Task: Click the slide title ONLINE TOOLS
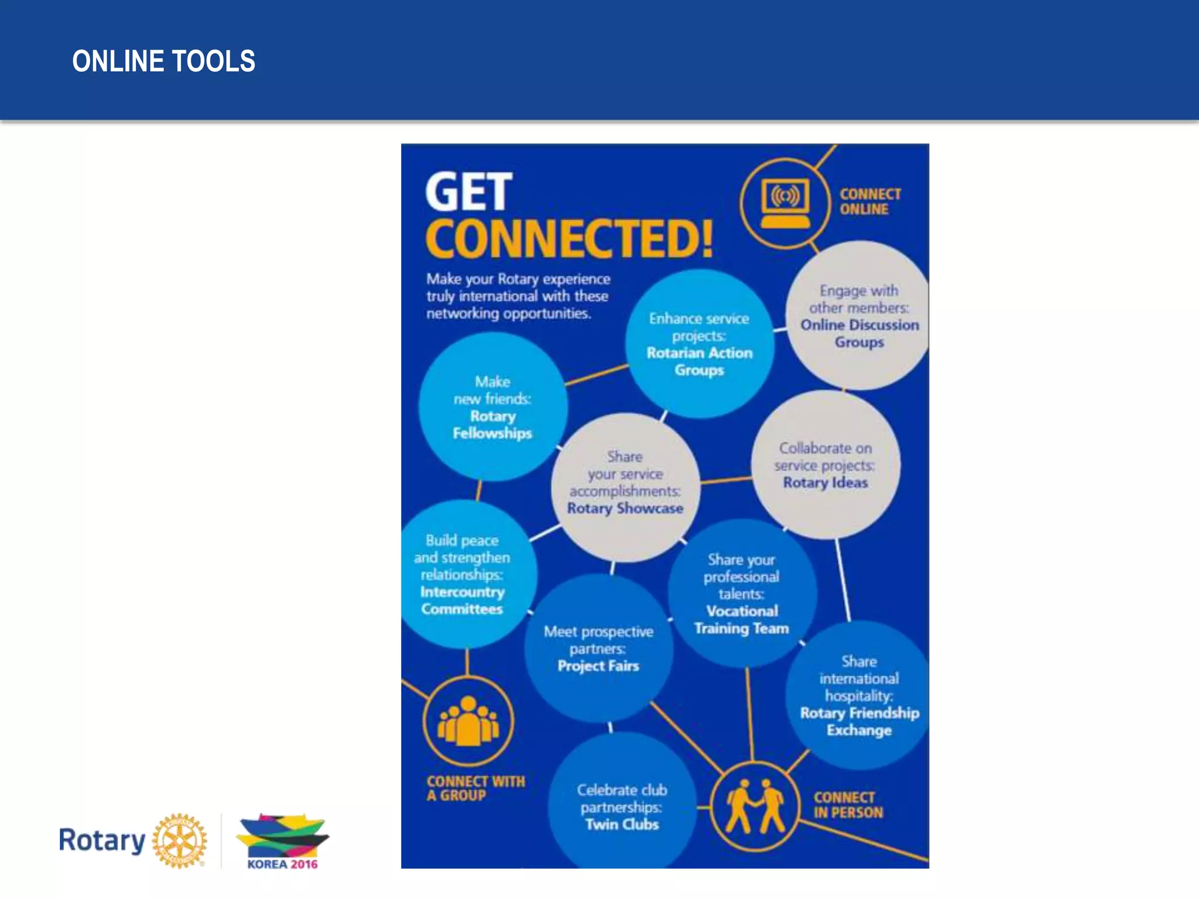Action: [x=163, y=61]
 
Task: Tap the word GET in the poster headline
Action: [x=468, y=192]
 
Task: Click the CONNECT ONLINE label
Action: [x=870, y=201]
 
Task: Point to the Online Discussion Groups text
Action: [x=859, y=333]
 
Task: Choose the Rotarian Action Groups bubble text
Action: [x=700, y=361]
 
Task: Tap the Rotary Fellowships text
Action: [x=492, y=424]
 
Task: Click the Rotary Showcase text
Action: [x=625, y=508]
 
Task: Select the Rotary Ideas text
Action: [x=825, y=482]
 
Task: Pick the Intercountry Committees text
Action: [x=462, y=600]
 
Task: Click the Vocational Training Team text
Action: [x=742, y=619]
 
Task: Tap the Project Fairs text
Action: [x=598, y=665]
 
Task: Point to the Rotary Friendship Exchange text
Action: [x=859, y=721]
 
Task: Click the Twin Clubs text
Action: [x=622, y=824]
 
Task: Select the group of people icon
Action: [x=468, y=721]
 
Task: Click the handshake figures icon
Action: [x=755, y=807]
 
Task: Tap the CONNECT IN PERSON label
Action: [x=847, y=805]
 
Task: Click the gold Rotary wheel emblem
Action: [x=180, y=840]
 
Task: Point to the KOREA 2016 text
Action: [x=282, y=864]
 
